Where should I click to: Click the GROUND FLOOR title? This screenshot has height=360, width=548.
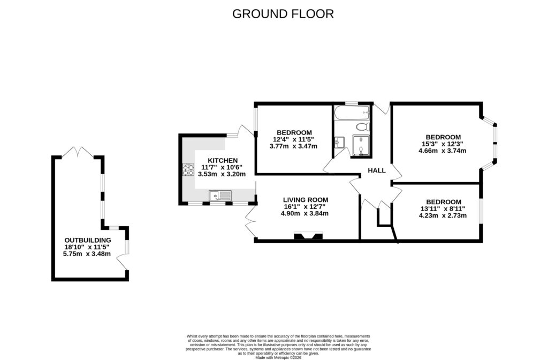pyautogui.click(x=283, y=14)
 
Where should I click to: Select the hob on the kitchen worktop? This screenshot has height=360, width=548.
pyautogui.click(x=188, y=170)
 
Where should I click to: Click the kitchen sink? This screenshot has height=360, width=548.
pyautogui.click(x=220, y=196)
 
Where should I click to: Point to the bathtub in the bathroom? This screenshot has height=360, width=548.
pyautogui.click(x=351, y=113)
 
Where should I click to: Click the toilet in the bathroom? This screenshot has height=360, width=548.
pyautogui.click(x=362, y=127)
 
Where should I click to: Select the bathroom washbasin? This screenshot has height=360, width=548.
pyautogui.click(x=338, y=142)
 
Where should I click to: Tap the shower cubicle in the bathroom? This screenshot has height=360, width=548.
pyautogui.click(x=361, y=145)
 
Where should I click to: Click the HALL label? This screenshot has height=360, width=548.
pyautogui.click(x=377, y=170)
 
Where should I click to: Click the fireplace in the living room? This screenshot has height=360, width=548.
pyautogui.click(x=308, y=236)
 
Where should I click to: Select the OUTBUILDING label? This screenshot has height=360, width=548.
pyautogui.click(x=87, y=240)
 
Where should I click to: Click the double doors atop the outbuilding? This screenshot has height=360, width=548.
pyautogui.click(x=79, y=153)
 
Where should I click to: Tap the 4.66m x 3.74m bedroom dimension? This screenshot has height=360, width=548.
pyautogui.click(x=443, y=151)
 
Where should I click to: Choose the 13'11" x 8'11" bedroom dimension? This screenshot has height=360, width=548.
pyautogui.click(x=443, y=209)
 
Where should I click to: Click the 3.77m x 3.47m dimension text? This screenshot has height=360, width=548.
pyautogui.click(x=294, y=146)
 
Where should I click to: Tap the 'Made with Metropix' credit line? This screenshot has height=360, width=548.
pyautogui.click(x=278, y=357)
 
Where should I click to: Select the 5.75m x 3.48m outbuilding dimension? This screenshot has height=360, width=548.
pyautogui.click(x=87, y=254)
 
